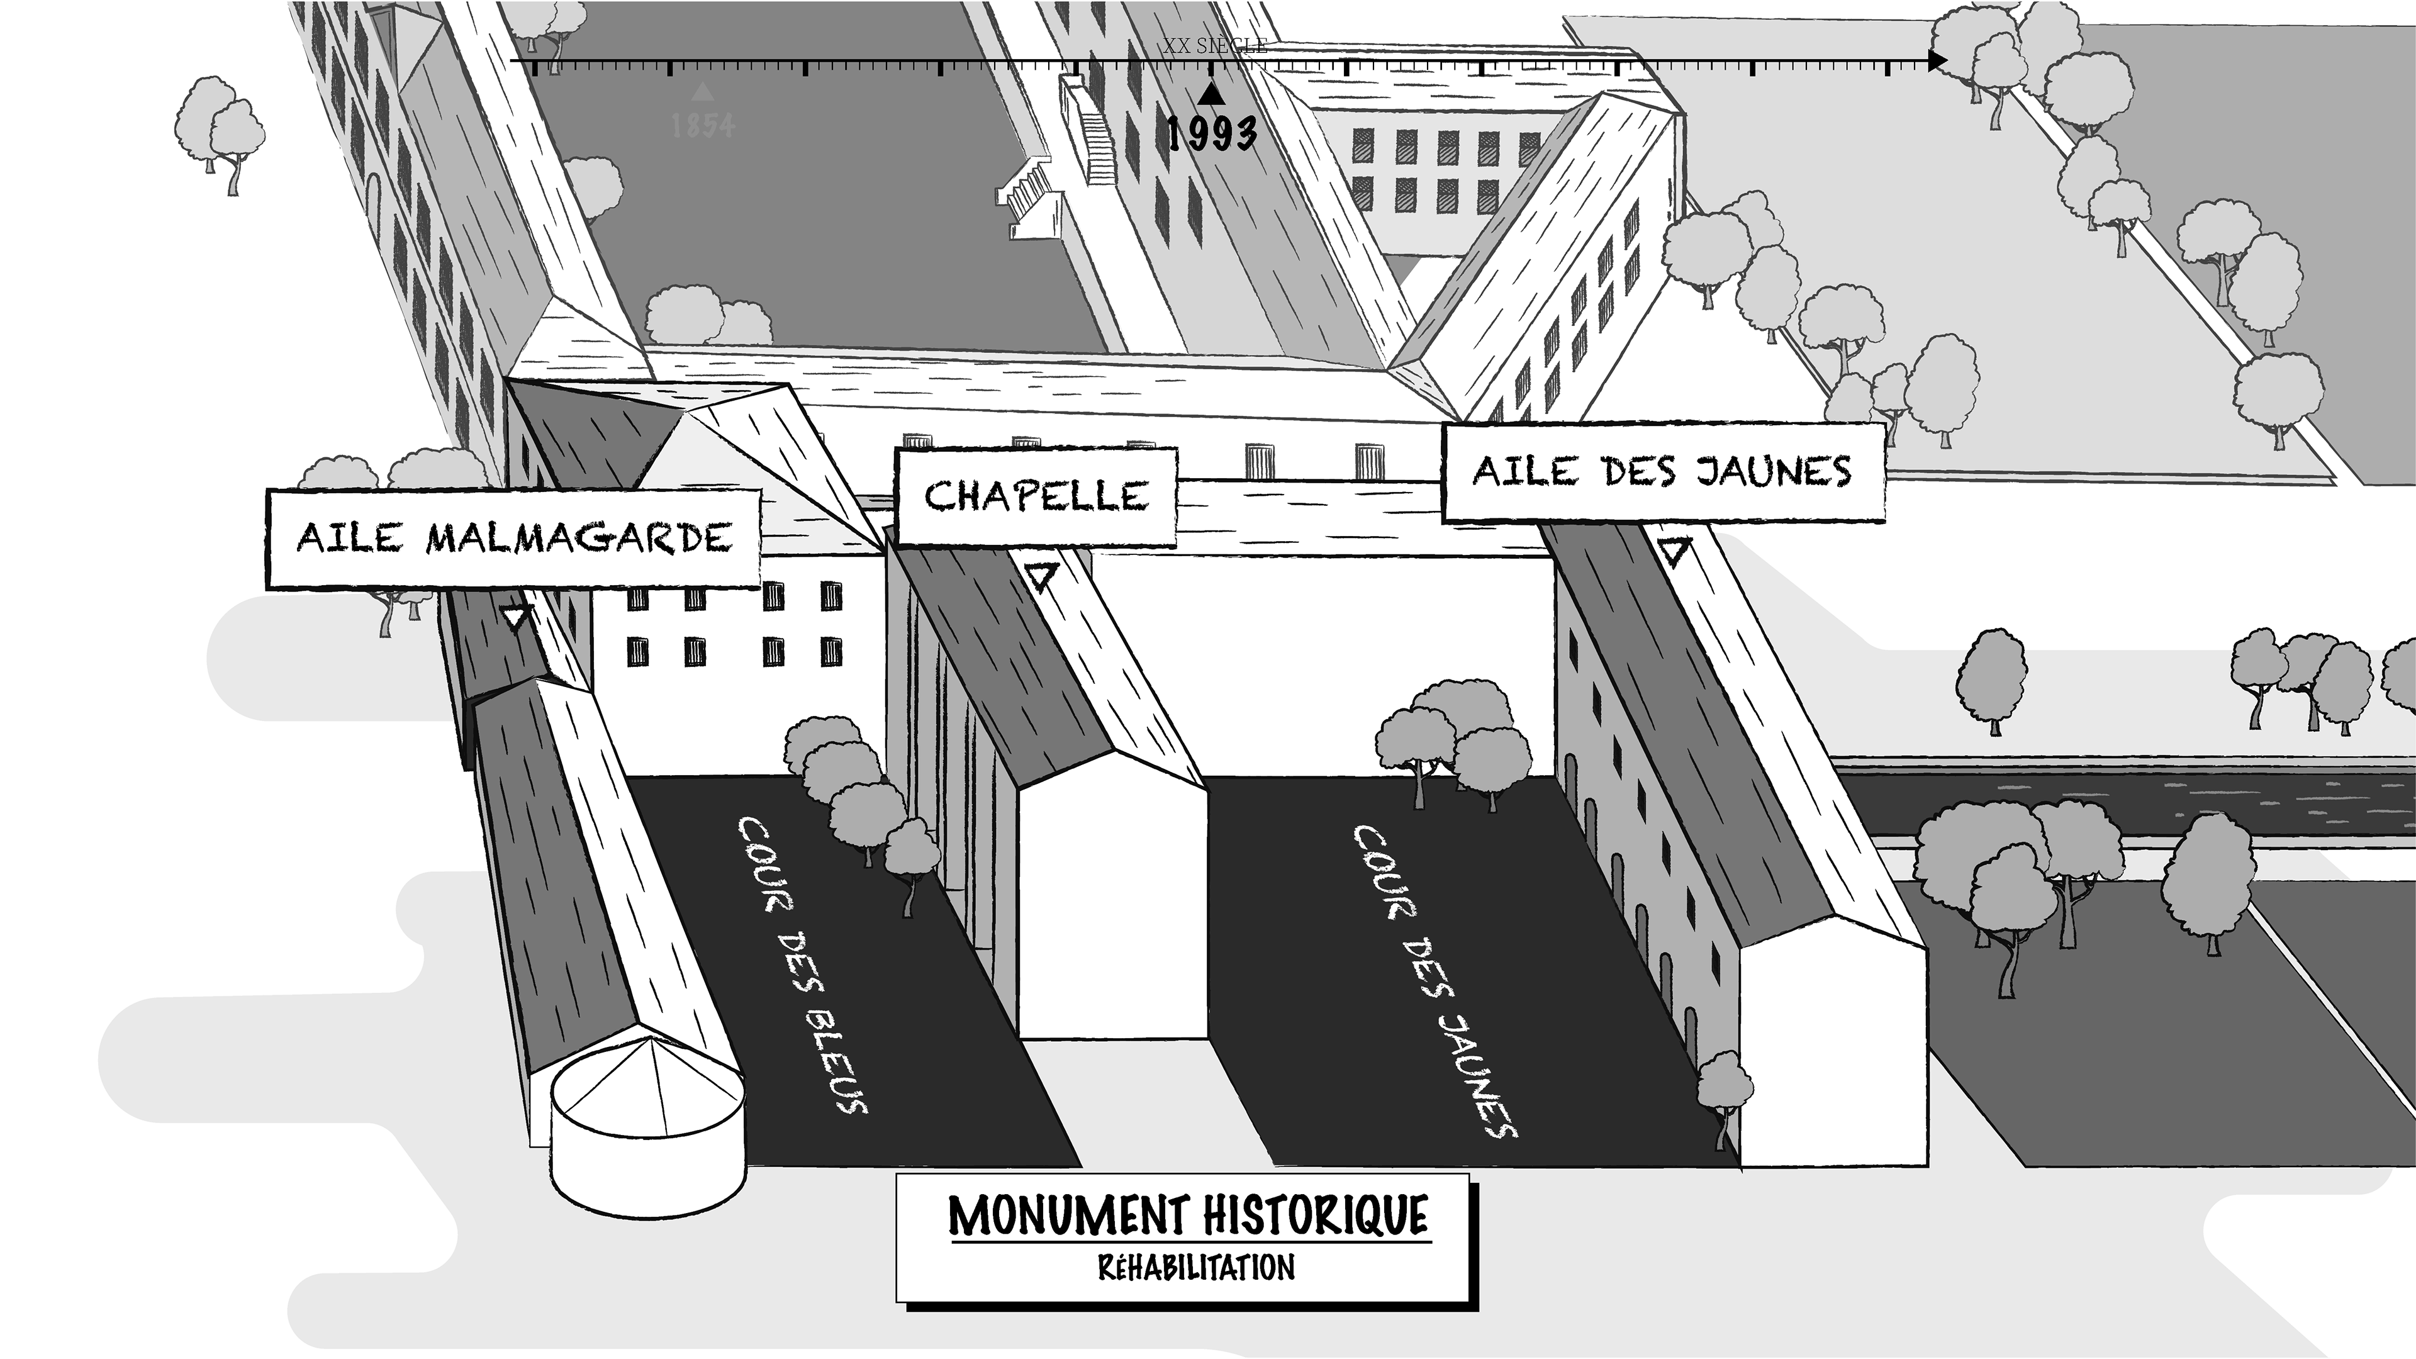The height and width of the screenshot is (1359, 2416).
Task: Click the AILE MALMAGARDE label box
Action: click(513, 539)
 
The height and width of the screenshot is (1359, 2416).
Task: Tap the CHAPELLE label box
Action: click(1036, 496)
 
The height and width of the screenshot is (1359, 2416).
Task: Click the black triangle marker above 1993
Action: click(1212, 94)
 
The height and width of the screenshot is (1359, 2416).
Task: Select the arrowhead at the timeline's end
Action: click(1937, 62)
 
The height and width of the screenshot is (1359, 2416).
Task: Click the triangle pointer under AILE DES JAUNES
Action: click(1674, 551)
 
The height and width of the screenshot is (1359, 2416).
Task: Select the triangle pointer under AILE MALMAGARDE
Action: click(516, 617)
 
